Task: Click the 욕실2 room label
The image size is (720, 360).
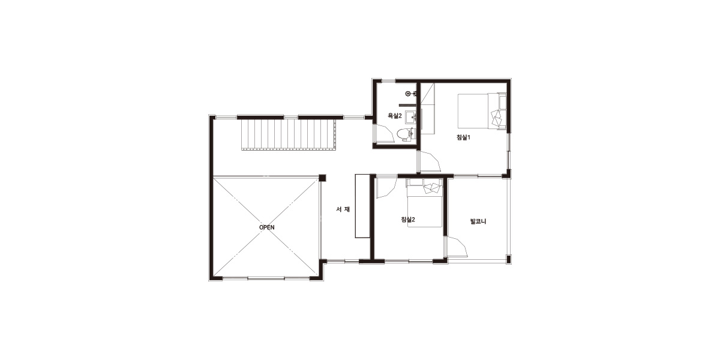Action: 395,116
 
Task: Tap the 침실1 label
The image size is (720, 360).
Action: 463,137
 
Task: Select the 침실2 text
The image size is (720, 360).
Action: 408,220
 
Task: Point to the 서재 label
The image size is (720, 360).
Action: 343,209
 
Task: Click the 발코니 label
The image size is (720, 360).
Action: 478,221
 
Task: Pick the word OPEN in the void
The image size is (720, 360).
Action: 267,227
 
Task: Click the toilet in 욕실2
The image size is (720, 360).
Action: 405,134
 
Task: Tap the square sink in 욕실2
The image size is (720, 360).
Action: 410,118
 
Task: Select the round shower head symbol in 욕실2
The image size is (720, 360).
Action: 408,94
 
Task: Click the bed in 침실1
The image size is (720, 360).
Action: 482,112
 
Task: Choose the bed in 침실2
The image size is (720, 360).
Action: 425,203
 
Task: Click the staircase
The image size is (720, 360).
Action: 289,134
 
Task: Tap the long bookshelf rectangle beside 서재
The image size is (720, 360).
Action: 362,206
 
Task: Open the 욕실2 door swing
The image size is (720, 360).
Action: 384,133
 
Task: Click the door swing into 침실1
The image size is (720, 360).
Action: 429,161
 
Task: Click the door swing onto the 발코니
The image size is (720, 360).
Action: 457,246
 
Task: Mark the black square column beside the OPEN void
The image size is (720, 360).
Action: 322,178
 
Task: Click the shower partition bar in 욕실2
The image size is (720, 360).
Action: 407,105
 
